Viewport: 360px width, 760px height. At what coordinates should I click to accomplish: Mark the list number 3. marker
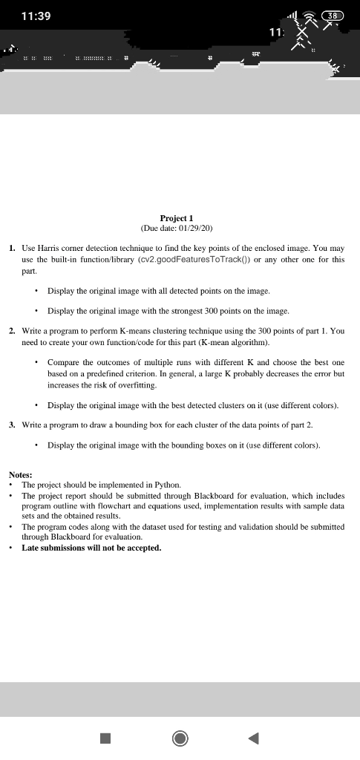pos(13,425)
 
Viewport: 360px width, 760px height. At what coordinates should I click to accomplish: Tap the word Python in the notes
pos(163,484)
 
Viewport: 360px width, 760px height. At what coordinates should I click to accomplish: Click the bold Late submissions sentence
pos(91,548)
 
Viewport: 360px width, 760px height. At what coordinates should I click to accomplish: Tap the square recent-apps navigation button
pos(105,738)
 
